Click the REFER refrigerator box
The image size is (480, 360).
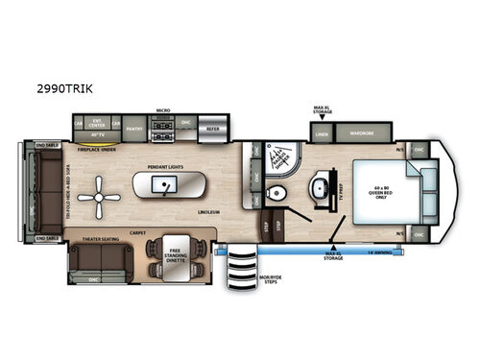click(x=213, y=126)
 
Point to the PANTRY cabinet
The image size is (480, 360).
click(x=133, y=126)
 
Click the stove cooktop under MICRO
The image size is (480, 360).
click(x=163, y=125)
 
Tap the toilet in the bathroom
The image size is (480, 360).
click(x=278, y=195)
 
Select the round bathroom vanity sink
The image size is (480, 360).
click(x=317, y=185)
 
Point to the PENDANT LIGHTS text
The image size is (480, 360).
click(x=166, y=165)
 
